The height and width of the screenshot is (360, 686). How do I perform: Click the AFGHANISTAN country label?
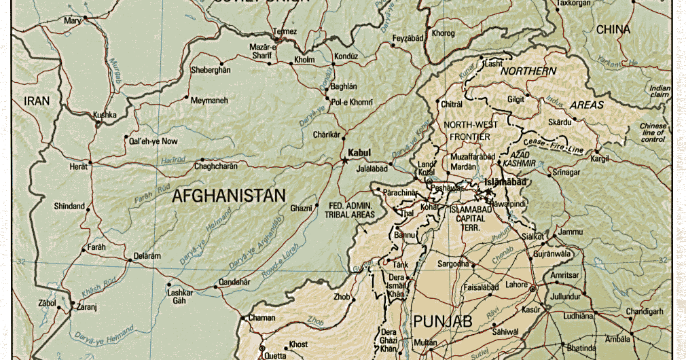229,196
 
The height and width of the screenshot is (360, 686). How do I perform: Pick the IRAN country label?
37,101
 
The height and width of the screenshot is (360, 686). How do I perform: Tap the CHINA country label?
613,30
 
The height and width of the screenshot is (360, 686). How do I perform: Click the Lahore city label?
517,285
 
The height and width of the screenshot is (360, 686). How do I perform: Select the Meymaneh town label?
209,101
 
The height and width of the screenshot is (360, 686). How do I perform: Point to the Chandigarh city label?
644,311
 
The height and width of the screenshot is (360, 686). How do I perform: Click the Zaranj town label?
87,307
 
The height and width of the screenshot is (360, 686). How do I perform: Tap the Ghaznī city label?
300,207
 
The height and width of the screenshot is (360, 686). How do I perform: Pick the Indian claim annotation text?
659,92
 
